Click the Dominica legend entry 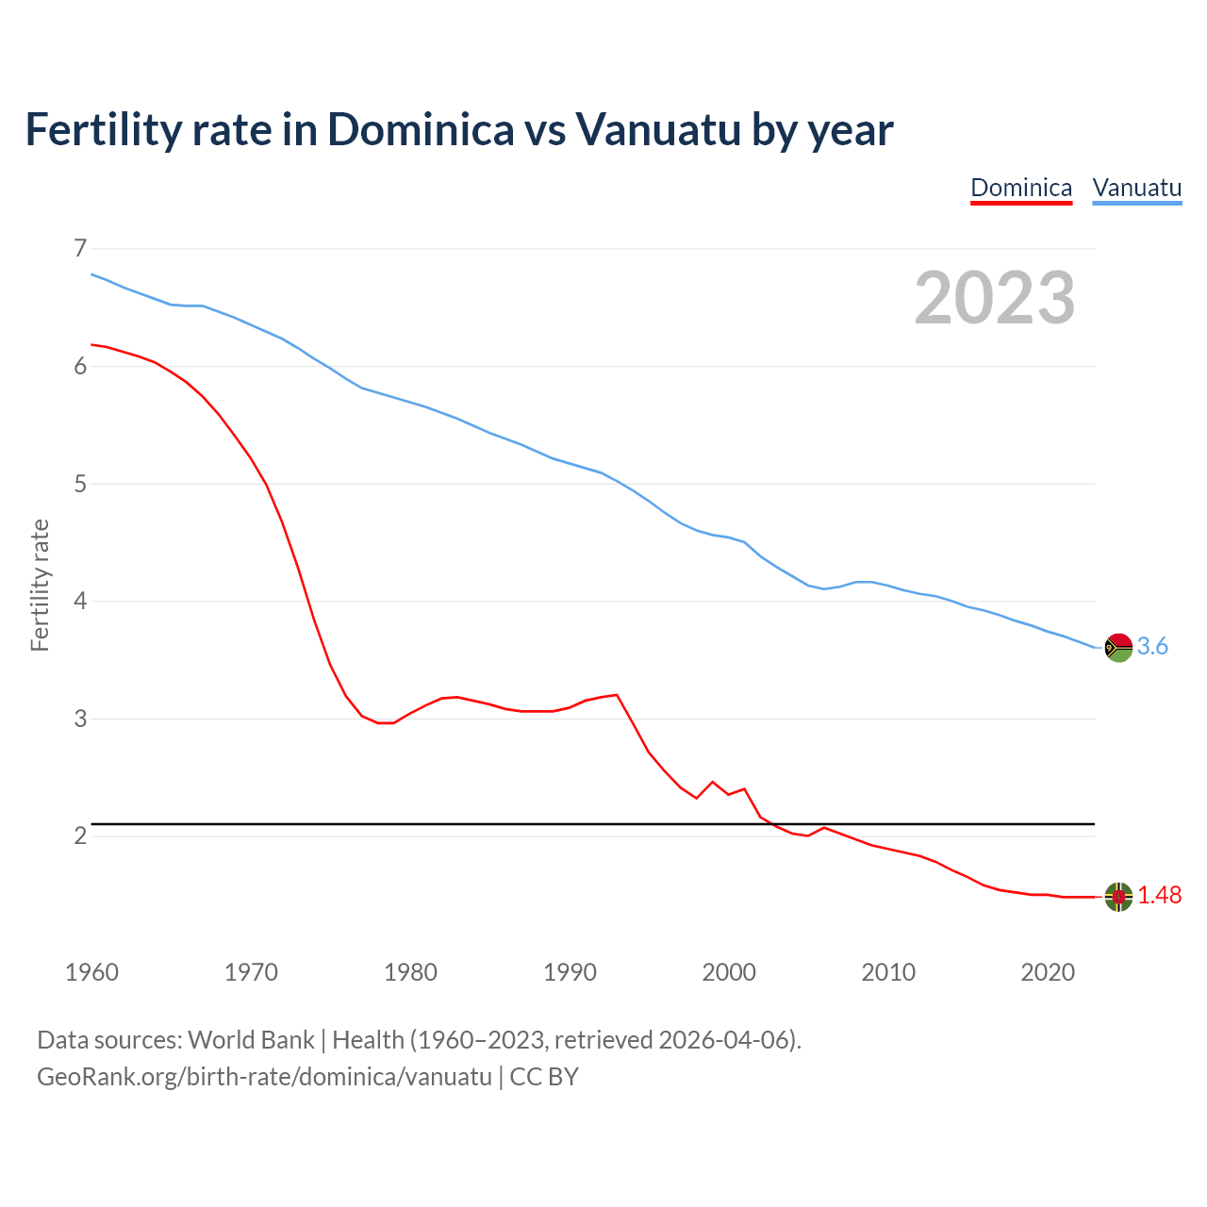1021,188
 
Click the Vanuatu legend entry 1136,188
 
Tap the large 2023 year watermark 994,298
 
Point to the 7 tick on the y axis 80,248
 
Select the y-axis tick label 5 80,484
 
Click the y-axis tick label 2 80,836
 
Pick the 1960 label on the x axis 91,972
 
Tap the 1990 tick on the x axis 570,972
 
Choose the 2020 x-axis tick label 1048,972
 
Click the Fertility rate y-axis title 40,585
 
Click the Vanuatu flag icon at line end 1118,647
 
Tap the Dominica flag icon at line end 1118,897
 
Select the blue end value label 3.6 1152,647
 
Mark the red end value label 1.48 1159,896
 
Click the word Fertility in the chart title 100,129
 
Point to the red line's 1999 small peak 712,782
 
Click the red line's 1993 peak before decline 617,695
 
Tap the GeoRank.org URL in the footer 264,1077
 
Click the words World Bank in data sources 251,1040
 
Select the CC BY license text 544,1077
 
